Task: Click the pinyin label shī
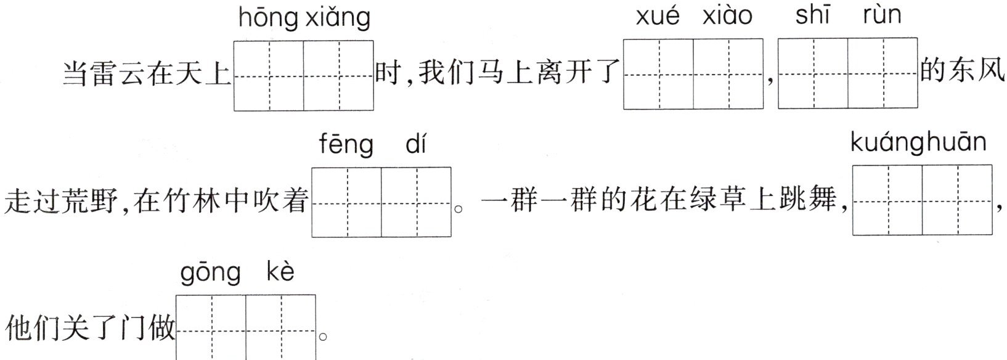click(x=812, y=15)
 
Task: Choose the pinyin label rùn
click(x=882, y=15)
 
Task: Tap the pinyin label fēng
click(x=346, y=145)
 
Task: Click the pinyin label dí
click(x=416, y=144)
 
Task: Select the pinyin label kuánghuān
click(x=918, y=143)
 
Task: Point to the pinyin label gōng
click(x=210, y=273)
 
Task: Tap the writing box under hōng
click(x=269, y=76)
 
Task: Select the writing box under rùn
click(x=883, y=74)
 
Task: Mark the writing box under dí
click(x=417, y=202)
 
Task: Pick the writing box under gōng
click(x=211, y=327)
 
